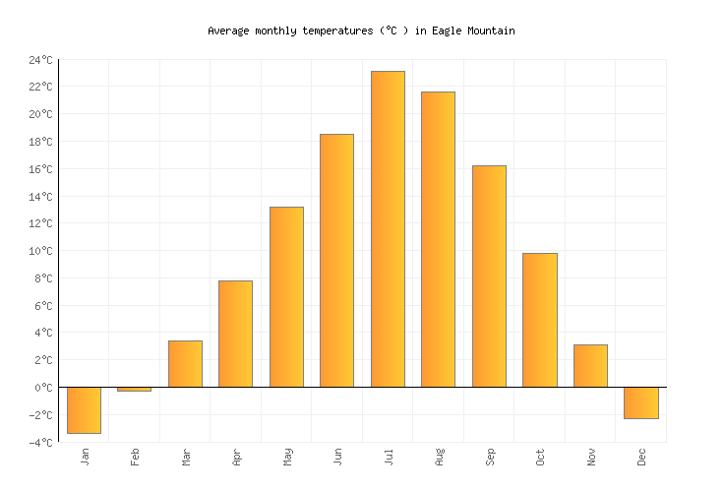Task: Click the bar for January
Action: [84, 409]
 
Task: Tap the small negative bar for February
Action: [135, 389]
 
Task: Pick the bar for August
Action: [438, 239]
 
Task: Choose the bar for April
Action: [235, 334]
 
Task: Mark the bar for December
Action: [640, 402]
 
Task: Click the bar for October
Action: [539, 320]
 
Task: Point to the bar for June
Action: [336, 260]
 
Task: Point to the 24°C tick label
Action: [40, 60]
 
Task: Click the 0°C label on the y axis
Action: [43, 388]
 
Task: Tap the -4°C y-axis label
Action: [40, 443]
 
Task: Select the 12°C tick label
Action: [40, 223]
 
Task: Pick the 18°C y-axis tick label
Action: [40, 142]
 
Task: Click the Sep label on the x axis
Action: [490, 458]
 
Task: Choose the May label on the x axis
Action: [287, 458]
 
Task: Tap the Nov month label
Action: [591, 458]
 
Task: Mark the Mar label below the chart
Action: [186, 458]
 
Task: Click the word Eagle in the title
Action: [447, 31]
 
